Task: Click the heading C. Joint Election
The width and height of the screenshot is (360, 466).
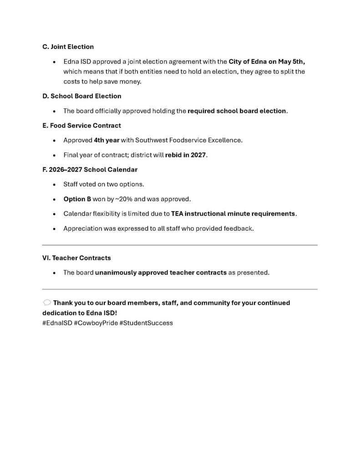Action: (68, 47)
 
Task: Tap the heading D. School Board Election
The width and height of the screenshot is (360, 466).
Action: (81, 96)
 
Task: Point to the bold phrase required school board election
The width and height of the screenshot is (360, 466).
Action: (237, 111)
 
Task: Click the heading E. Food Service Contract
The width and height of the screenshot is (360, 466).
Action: (81, 126)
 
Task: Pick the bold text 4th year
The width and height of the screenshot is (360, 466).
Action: (106, 140)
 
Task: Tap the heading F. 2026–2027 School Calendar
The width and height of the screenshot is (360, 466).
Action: (90, 170)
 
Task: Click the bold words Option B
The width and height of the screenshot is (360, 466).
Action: (77, 199)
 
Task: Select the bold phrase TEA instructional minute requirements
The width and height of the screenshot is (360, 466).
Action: (233, 214)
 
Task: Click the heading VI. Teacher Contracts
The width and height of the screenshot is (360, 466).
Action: (76, 258)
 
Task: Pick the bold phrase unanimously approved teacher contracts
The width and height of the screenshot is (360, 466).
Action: (161, 273)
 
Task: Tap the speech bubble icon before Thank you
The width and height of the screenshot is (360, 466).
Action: (47, 303)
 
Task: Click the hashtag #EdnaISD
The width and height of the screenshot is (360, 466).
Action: (57, 323)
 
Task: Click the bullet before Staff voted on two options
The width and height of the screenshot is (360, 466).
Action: (54, 185)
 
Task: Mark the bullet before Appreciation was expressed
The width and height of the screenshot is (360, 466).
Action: (54, 229)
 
